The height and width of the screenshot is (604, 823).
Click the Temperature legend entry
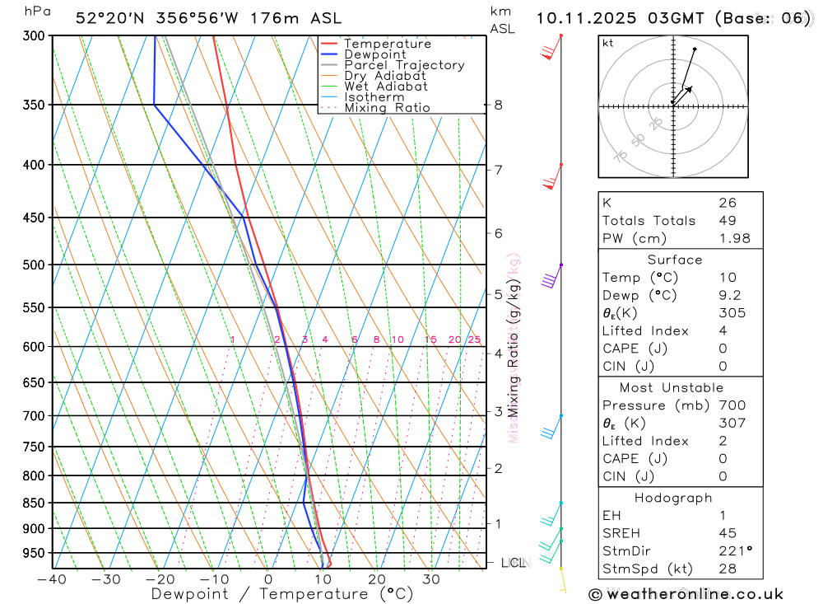pyautogui.click(x=387, y=44)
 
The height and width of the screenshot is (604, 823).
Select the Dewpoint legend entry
pyautogui.click(x=374, y=54)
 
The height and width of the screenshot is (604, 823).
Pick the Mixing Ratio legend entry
pyautogui.click(x=387, y=107)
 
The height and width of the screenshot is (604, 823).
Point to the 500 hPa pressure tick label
pyautogui.click(x=34, y=265)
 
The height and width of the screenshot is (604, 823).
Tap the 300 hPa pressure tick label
pyautogui.click(x=34, y=35)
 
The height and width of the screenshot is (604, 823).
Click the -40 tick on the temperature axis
pyautogui.click(x=52, y=579)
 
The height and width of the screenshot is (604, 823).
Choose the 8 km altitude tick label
pyautogui.click(x=499, y=105)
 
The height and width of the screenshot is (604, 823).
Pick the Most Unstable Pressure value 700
pyautogui.click(x=732, y=405)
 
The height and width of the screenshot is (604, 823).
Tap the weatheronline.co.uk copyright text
pyautogui.click(x=686, y=593)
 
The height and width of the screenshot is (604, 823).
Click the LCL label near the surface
pyautogui.click(x=513, y=563)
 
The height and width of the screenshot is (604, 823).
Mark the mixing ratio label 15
pyautogui.click(x=430, y=339)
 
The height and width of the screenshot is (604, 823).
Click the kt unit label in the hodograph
pyautogui.click(x=608, y=43)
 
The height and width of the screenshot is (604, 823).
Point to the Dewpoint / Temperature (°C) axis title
pyautogui.click(x=282, y=593)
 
